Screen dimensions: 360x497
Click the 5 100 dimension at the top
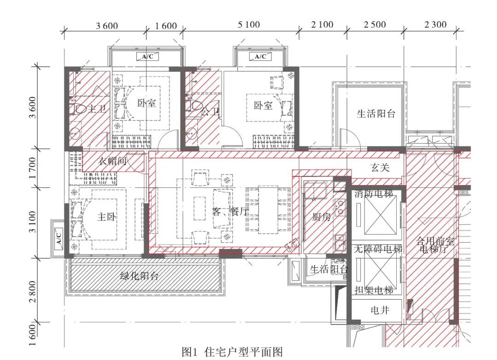(x=248, y=25)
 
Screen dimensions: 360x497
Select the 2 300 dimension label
(x=435, y=25)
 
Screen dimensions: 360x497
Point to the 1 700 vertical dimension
(x=32, y=168)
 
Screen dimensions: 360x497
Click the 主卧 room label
(x=106, y=217)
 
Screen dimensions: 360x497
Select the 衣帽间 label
(x=113, y=161)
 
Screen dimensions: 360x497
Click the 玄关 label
(x=380, y=167)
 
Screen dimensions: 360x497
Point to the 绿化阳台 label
(x=139, y=276)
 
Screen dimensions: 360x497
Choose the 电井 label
(x=380, y=311)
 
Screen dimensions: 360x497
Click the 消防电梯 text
(x=374, y=194)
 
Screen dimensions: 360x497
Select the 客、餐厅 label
(x=230, y=212)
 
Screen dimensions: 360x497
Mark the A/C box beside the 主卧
(x=58, y=238)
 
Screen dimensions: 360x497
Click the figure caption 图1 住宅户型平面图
(x=237, y=352)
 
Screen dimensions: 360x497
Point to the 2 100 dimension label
(x=322, y=25)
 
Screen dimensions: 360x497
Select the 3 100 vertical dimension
(x=32, y=222)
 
